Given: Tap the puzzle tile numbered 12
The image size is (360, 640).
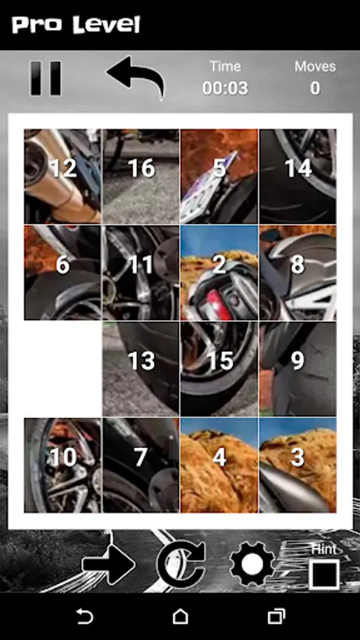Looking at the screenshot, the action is pyautogui.click(x=63, y=176).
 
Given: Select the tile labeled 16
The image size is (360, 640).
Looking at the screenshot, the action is pyautogui.click(x=141, y=176).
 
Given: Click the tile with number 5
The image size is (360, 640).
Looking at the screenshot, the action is pyautogui.click(x=219, y=176).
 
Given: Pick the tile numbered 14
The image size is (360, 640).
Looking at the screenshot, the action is pyautogui.click(x=297, y=176).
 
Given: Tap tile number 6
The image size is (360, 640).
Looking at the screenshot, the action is pyautogui.click(x=63, y=272).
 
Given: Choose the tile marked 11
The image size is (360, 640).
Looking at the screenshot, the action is pyautogui.click(x=141, y=272).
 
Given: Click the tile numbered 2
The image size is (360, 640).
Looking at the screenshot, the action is pyautogui.click(x=219, y=272).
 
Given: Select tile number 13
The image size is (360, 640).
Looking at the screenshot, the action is pyautogui.click(x=141, y=368).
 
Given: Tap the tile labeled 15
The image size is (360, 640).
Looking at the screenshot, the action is pyautogui.click(x=219, y=368).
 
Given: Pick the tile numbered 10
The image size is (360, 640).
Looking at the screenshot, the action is pyautogui.click(x=63, y=465).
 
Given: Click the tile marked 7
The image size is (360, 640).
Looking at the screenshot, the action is pyautogui.click(x=141, y=465).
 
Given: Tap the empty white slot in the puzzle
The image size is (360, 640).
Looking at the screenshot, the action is pyautogui.click(x=63, y=368).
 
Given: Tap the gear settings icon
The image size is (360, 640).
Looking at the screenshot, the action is pyautogui.click(x=252, y=564).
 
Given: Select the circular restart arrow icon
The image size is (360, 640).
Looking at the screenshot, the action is pyautogui.click(x=181, y=565).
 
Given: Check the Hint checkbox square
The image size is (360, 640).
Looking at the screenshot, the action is pyautogui.click(x=324, y=575).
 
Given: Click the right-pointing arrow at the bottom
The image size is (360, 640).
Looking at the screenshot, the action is pyautogui.click(x=108, y=565).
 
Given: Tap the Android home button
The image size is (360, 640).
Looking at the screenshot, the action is pyautogui.click(x=180, y=616).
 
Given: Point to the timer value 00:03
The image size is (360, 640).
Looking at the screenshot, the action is pyautogui.click(x=226, y=88).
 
